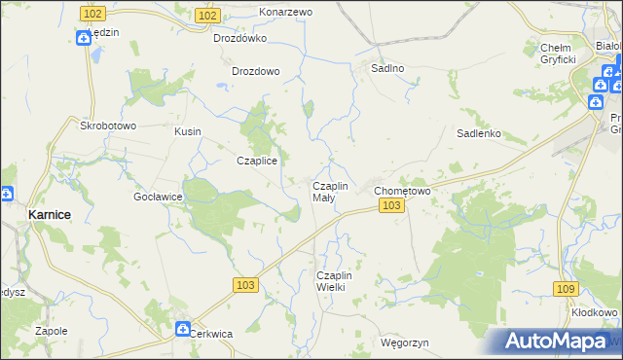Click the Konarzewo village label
click(285, 12)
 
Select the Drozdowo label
click(256, 71)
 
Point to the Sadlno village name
click(388, 69)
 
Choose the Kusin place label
click(187, 130)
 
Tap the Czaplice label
click(258, 162)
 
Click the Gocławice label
click(159, 196)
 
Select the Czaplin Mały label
click(329, 191)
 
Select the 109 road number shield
click(565, 289)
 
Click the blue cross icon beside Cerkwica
click(182, 330)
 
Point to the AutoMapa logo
click(553, 342)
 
